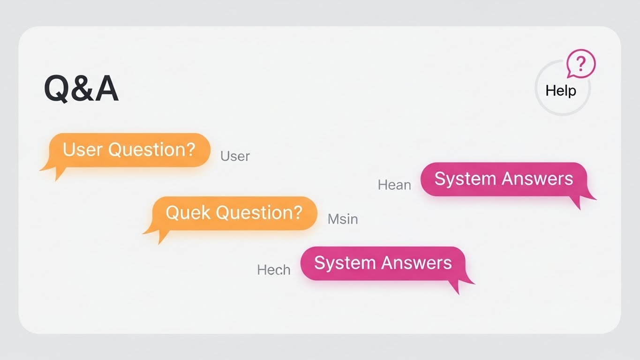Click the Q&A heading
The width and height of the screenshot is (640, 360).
point(81,89)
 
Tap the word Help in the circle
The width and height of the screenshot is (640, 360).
point(561,90)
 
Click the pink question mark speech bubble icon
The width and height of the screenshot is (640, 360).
point(580,64)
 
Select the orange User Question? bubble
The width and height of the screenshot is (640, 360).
point(129,150)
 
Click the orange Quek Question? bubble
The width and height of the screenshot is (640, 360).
point(234,213)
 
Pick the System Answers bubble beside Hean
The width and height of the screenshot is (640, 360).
point(504,179)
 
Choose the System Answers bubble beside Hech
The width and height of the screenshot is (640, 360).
point(383,263)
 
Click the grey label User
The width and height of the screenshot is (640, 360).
point(235,156)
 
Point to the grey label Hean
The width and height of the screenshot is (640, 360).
point(394,185)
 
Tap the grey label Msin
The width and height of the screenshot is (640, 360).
point(343,218)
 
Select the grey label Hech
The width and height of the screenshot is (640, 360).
point(274,270)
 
